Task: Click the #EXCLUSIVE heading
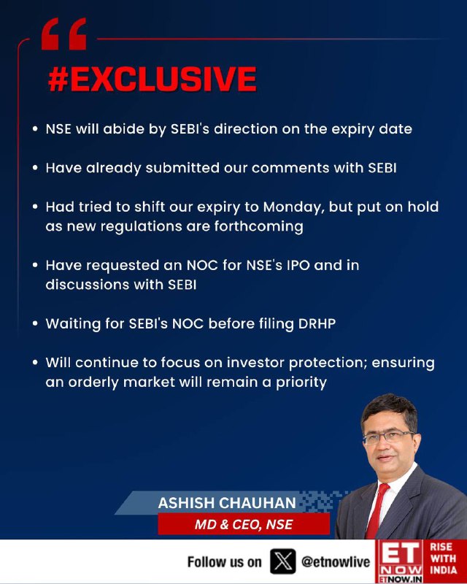[153, 80]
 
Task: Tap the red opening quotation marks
[63, 34]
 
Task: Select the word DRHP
[317, 323]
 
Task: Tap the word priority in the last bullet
[301, 383]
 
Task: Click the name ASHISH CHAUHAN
[227, 503]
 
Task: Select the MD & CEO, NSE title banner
[244, 524]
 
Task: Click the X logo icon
[283, 561]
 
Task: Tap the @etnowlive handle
[336, 561]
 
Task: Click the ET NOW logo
[399, 561]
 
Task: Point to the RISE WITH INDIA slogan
[443, 558]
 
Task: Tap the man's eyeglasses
[388, 437]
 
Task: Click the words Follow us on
[224, 561]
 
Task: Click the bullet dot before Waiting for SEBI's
[35, 323]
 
